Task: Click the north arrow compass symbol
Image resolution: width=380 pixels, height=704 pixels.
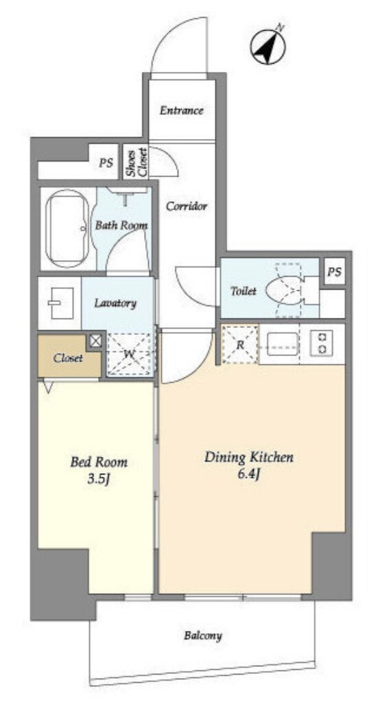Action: [268, 47]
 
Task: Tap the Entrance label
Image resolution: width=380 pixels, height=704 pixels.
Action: [182, 110]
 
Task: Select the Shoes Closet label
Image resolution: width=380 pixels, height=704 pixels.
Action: [136, 162]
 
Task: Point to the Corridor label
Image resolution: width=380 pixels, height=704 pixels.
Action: [187, 207]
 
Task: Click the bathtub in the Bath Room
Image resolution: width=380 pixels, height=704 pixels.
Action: [67, 228]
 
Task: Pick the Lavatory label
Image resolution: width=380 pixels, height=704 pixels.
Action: [115, 303]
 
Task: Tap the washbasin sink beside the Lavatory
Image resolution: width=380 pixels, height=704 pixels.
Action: [60, 303]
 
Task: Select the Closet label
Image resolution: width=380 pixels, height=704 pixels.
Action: [68, 358]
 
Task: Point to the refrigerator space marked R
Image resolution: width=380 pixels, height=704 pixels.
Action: [240, 344]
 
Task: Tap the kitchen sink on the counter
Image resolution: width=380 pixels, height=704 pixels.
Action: [283, 344]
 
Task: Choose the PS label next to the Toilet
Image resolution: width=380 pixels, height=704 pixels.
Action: [334, 272]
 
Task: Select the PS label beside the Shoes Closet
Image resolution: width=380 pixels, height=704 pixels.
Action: [106, 163]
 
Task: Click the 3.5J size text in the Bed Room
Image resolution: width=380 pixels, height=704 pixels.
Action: [99, 480]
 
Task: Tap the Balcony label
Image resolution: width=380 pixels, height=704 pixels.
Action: [203, 636]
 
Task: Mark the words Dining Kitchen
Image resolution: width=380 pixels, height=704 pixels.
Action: [249, 457]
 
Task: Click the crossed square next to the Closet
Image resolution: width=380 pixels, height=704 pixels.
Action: [95, 341]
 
